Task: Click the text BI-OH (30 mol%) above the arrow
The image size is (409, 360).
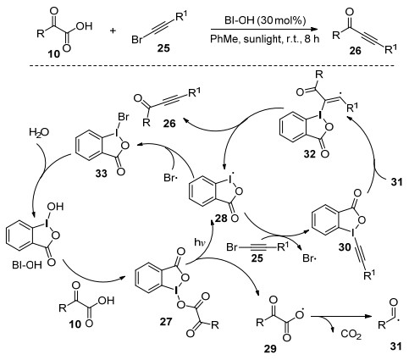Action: coord(265,20)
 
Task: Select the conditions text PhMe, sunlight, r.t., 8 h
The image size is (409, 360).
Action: coord(265,39)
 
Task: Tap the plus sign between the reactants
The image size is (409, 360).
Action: coord(113,30)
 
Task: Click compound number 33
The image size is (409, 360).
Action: coord(101,174)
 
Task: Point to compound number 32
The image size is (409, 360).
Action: coord(310,154)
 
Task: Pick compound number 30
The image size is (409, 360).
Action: coord(345,247)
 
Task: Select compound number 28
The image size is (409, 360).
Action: coord(221,218)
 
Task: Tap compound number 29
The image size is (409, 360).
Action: coord(270,349)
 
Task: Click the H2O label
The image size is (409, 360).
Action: coord(39,132)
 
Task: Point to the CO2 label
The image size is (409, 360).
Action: coord(351,335)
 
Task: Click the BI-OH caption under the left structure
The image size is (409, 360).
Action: coord(27,265)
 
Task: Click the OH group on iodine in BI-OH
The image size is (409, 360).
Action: coord(55,207)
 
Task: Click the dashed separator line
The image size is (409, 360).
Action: coord(213,66)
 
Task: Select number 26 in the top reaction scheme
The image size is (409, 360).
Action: coord(355,51)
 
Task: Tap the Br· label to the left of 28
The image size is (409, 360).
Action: coord(170,178)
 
